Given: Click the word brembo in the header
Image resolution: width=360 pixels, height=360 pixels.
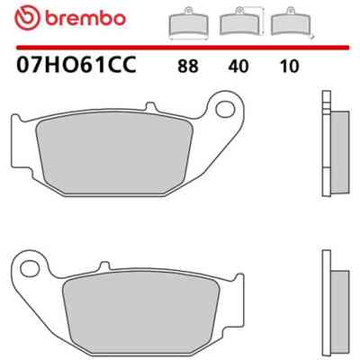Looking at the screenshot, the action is [x=85, y=18].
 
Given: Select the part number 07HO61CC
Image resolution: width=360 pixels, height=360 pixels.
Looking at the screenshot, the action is [x=76, y=65].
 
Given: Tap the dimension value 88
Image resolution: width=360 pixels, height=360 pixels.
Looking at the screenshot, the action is [x=188, y=67].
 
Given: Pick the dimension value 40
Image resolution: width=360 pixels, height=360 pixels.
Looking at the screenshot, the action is [x=238, y=67].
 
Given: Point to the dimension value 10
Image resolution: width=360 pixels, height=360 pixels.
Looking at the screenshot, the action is [x=289, y=67].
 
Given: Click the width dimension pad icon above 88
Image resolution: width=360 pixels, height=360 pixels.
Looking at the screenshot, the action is [x=189, y=23].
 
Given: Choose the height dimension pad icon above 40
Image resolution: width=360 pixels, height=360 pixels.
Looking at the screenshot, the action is [x=241, y=22].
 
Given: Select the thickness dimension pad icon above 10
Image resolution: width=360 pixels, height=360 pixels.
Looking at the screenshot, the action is [x=292, y=22].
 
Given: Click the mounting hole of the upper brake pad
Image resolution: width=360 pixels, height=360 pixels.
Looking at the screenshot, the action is [x=225, y=109].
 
